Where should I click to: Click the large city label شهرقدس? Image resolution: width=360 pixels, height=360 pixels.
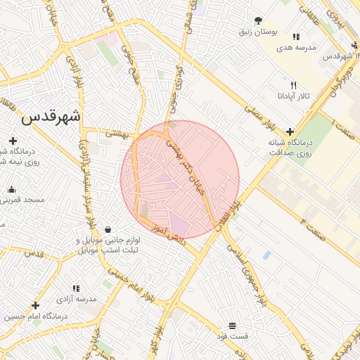[51, 117]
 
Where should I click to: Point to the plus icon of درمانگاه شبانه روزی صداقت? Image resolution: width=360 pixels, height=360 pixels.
[289, 131]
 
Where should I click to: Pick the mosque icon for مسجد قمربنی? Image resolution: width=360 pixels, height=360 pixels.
[11, 189]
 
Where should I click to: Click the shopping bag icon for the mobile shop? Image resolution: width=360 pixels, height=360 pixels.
[108, 229]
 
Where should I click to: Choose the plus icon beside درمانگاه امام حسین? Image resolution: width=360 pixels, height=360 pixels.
[35, 305]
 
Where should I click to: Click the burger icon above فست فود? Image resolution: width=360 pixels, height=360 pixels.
[232, 325]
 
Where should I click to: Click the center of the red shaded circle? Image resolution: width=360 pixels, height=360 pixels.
[180, 179]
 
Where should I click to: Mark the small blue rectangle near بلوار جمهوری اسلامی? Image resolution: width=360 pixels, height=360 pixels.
[266, 255]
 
